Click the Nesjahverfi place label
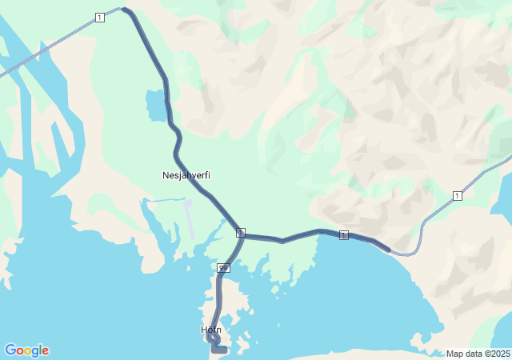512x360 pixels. tap(186, 175)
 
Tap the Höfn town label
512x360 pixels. tap(211, 330)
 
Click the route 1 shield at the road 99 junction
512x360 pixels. tap(241, 232)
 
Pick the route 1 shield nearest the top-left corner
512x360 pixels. tap(99, 18)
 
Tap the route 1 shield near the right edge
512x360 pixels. tap(457, 196)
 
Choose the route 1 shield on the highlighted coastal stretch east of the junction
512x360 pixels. tap(344, 234)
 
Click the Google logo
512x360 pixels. tap(26, 350)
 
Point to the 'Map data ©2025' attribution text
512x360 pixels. tap(478, 354)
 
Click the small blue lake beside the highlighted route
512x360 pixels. tap(154, 105)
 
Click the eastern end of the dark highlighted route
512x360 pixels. tap(388, 250)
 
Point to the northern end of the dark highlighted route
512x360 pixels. tap(125, 10)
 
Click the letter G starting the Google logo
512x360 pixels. tap(10, 350)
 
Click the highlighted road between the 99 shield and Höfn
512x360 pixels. tap(218, 296)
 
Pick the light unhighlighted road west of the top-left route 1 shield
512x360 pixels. tap(48, 47)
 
